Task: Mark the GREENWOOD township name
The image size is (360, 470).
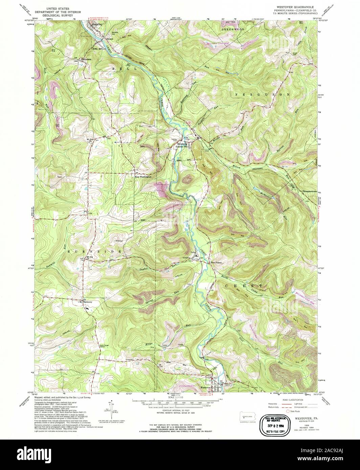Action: click(x=232, y=30)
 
